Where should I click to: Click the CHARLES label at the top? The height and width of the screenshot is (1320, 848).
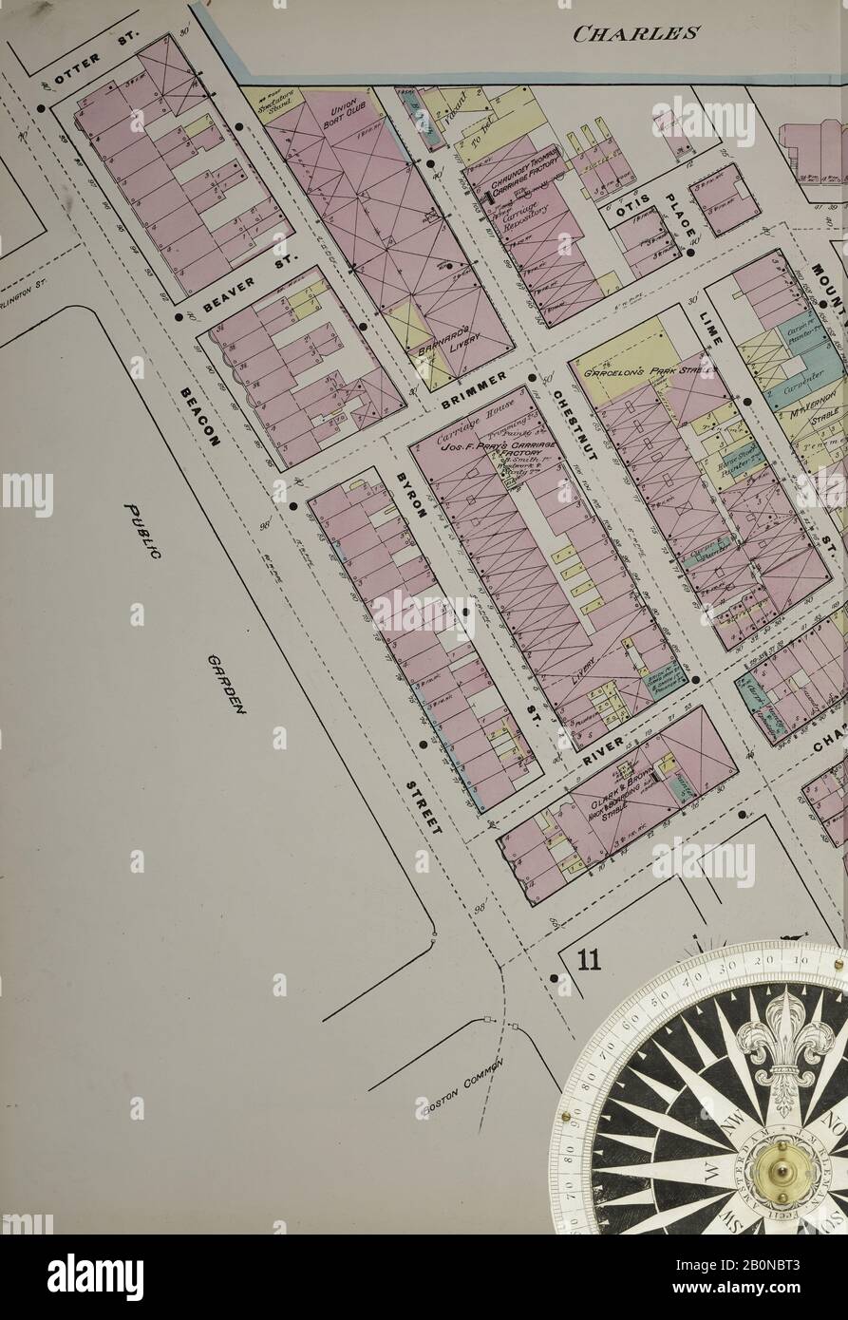point(637,34)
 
